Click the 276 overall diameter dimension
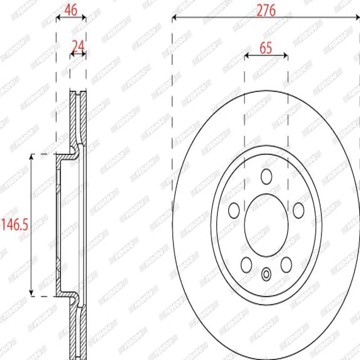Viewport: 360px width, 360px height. [x=266, y=10]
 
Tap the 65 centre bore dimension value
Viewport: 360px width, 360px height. [x=266, y=48]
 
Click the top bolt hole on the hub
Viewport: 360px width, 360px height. [x=266, y=176]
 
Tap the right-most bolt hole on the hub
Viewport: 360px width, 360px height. [x=298, y=209]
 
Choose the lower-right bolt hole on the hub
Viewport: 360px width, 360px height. [x=286, y=264]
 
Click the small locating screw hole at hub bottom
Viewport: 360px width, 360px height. [x=266, y=273]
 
